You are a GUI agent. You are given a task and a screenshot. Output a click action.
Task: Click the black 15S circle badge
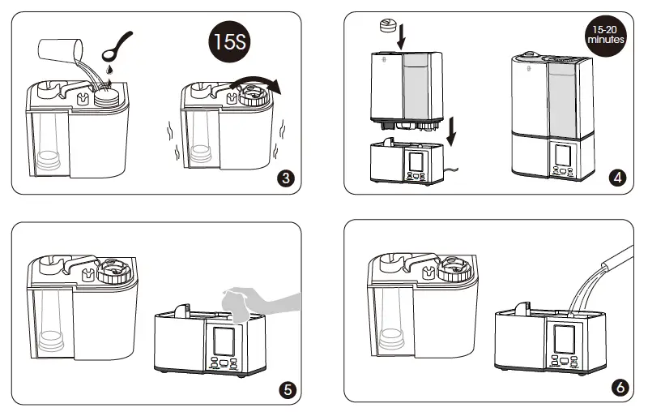pyautogui.click(x=229, y=41)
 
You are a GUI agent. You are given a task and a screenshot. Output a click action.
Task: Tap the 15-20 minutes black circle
pyautogui.click(x=606, y=35)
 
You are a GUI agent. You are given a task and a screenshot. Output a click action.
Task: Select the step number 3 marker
pyautogui.click(x=286, y=178)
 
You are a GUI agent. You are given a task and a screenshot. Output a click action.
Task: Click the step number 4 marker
pyautogui.click(x=617, y=178)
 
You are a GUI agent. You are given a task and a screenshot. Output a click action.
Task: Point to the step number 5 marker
pyautogui.click(x=288, y=389)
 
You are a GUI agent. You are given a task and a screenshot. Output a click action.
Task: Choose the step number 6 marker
pyautogui.click(x=620, y=387)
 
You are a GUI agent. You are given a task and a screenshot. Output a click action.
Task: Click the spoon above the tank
pyautogui.click(x=117, y=46)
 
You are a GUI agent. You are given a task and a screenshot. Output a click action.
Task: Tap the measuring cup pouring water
pyautogui.click(x=60, y=50)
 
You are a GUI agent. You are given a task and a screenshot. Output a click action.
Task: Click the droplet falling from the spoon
pyautogui.click(x=109, y=69)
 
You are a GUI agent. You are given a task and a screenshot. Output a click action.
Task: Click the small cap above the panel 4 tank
pyautogui.click(x=388, y=25)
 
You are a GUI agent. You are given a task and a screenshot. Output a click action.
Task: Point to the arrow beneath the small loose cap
pyautogui.click(x=401, y=36)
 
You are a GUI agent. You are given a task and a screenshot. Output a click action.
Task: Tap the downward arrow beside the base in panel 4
pyautogui.click(x=452, y=131)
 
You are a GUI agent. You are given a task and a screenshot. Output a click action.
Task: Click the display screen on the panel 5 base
pyautogui.click(x=224, y=341)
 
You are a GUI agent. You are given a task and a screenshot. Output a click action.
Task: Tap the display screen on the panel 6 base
pyautogui.click(x=564, y=339)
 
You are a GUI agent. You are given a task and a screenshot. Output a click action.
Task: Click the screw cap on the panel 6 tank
pyautogui.click(x=454, y=269)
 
